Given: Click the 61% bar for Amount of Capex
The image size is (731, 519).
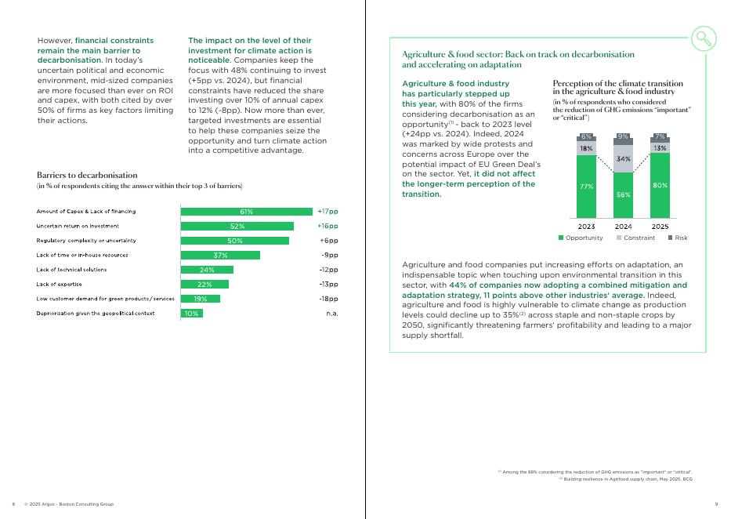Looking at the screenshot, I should (246, 212).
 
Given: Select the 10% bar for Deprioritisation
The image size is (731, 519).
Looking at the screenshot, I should (191, 314).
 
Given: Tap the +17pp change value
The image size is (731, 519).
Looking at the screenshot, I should (328, 212).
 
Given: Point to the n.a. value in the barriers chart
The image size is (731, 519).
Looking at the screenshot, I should (331, 314).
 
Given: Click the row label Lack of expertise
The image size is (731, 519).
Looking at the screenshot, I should (60, 285).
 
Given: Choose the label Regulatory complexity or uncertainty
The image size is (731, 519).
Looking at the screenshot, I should (86, 241).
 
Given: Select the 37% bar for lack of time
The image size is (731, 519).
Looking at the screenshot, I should (220, 255).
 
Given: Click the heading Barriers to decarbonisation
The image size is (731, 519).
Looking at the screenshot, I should (87, 175).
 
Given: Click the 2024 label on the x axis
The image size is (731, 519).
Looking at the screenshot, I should (623, 227).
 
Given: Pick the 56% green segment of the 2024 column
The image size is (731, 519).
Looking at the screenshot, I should (623, 194).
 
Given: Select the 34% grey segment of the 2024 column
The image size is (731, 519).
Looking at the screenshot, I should (623, 159).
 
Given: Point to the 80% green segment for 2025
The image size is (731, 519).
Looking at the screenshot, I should (660, 185).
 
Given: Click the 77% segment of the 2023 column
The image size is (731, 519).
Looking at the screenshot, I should (586, 187).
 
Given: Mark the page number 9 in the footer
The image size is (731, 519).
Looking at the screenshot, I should (717, 503).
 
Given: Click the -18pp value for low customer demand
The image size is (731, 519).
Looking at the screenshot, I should (328, 299).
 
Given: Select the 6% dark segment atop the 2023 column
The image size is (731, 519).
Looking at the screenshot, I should (586, 137).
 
